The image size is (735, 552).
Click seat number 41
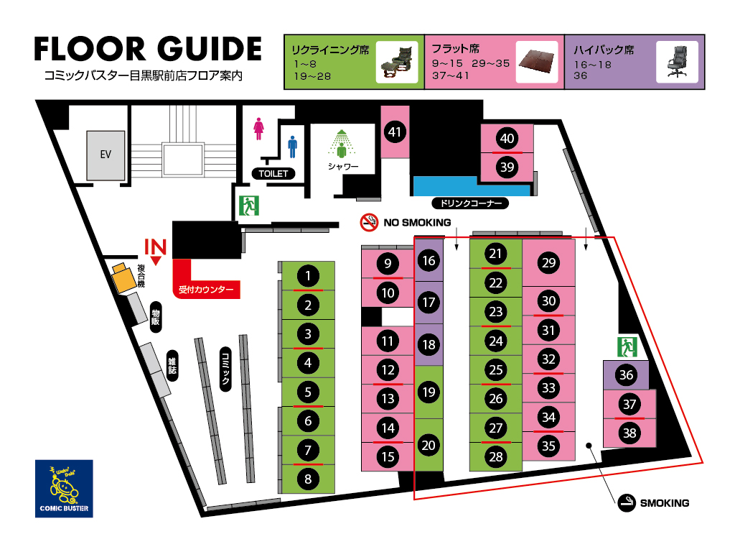click(395, 132)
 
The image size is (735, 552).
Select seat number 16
click(429, 260)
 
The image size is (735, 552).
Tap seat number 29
click(548, 263)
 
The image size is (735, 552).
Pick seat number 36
click(626, 374)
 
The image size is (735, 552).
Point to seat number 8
click(308, 479)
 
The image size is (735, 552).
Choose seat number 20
click(429, 445)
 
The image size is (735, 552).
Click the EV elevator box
click(106, 155)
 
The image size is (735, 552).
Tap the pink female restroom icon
click(258, 129)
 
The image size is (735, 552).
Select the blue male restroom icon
click(293, 147)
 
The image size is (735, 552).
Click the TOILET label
click(273, 174)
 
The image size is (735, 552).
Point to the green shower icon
click(342, 144)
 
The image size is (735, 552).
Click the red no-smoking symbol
click(369, 222)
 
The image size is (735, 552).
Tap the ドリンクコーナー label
click(469, 203)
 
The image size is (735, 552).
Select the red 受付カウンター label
click(206, 290)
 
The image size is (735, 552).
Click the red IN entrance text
click(155, 247)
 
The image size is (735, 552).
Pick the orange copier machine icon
click(123, 277)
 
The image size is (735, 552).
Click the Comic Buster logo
click(64, 489)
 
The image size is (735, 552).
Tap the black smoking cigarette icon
click(626, 503)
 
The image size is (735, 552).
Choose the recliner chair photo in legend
click(397, 63)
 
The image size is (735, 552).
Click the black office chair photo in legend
click(677, 62)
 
